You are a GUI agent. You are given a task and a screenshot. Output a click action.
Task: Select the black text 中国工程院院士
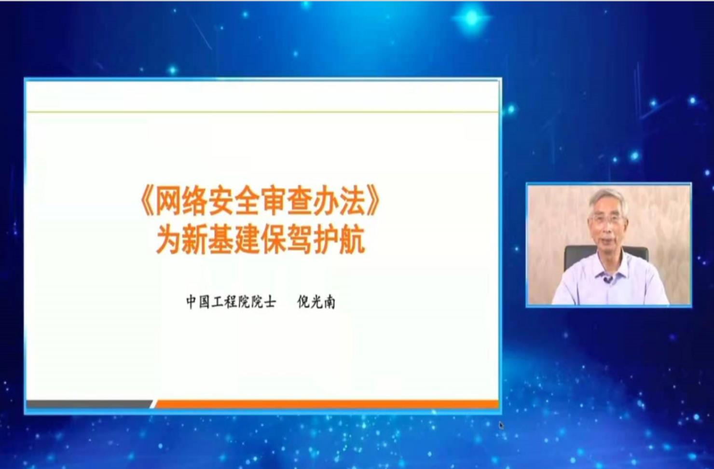click(x=231, y=302)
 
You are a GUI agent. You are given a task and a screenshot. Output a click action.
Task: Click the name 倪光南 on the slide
click(x=316, y=302)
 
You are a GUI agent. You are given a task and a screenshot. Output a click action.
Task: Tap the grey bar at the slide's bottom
click(x=90, y=404)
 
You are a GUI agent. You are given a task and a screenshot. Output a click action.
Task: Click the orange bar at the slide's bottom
click(x=326, y=404)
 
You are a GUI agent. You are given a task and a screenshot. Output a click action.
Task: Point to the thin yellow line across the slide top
click(x=262, y=111)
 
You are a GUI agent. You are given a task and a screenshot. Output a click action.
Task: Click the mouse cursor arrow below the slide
click(x=502, y=426)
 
